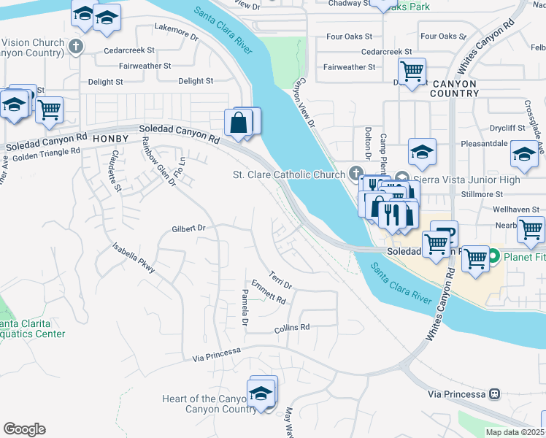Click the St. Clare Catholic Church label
point(288,174)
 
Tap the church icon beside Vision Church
point(74,47)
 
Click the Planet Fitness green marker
point(493,256)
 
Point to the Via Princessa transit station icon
point(495,393)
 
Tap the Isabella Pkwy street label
point(134,258)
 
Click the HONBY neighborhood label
point(112,138)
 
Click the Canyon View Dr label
point(303,105)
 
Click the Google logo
point(24,429)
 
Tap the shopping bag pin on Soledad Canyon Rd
point(239,123)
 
